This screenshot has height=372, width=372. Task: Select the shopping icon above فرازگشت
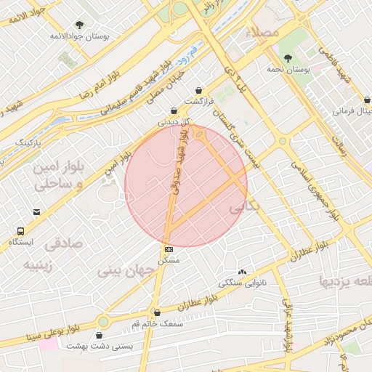click(198, 90)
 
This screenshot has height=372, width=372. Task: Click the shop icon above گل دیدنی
click(174, 110)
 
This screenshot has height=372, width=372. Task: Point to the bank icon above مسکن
click(169, 248)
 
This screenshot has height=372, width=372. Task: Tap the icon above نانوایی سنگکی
click(242, 271)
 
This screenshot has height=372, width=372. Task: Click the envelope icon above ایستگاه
click(36, 212)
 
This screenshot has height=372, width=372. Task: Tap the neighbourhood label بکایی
click(244, 209)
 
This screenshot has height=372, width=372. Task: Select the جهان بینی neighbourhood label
click(128, 272)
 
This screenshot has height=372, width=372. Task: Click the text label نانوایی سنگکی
click(242, 281)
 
